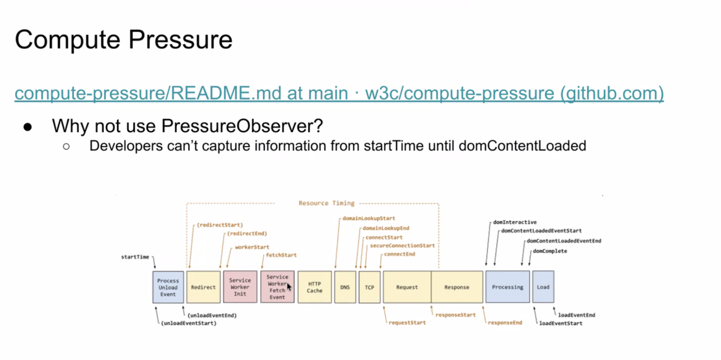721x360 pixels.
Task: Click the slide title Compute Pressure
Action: click(x=123, y=40)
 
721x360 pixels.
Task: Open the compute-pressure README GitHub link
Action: click(x=339, y=93)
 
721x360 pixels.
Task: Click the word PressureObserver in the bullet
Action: click(x=242, y=126)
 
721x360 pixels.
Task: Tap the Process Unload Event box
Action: click(x=168, y=287)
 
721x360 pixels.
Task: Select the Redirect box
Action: click(x=203, y=287)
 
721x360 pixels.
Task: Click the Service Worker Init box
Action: click(x=240, y=287)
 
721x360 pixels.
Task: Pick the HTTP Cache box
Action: click(x=315, y=287)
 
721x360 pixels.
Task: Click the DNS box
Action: click(x=345, y=287)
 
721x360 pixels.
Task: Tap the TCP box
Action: click(x=369, y=287)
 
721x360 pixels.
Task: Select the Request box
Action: click(x=407, y=287)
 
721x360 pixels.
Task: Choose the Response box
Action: click(x=457, y=287)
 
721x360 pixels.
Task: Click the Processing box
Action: click(x=507, y=287)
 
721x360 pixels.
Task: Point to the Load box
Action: click(x=543, y=287)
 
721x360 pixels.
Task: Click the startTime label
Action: click(x=135, y=257)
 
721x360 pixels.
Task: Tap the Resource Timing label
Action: click(x=326, y=203)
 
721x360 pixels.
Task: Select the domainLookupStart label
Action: click(x=369, y=218)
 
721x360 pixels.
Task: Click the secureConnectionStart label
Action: click(x=402, y=246)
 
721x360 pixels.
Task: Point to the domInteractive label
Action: click(x=515, y=222)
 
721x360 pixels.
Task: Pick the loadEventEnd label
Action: click(x=576, y=315)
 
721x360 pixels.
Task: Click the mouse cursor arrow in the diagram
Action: click(x=289, y=287)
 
